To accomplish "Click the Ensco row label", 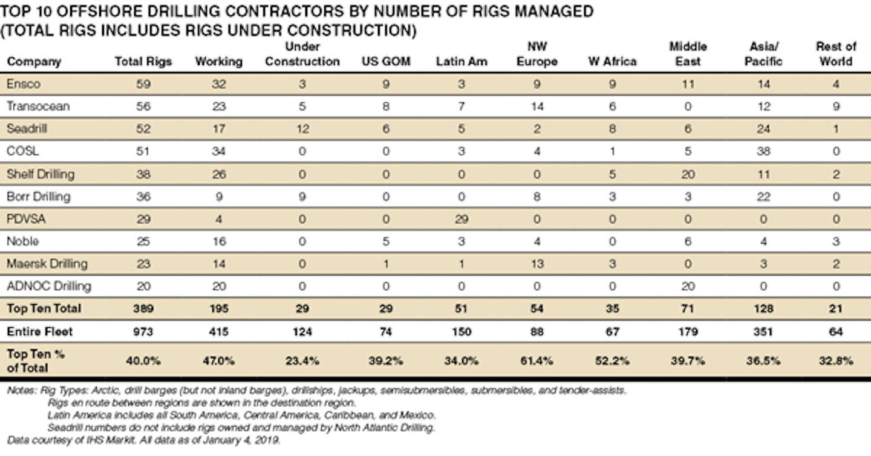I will pyautogui.click(x=24, y=84).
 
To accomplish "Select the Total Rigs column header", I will pyautogui.click(x=143, y=62).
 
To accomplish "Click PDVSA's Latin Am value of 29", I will pyautogui.click(x=461, y=219).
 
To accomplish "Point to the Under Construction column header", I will pyautogui.click(x=302, y=54).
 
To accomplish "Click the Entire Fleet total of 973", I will pyautogui.click(x=143, y=331).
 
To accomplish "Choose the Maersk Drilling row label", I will pyautogui.click(x=47, y=264).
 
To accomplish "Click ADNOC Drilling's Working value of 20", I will pyautogui.click(x=218, y=286).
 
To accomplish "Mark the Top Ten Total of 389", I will pyautogui.click(x=143, y=308).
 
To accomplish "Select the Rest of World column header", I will pyautogui.click(x=836, y=54).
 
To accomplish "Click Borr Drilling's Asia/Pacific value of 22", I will pyautogui.click(x=763, y=197).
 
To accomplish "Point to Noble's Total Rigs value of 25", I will pyautogui.click(x=143, y=241).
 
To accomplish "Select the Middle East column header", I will pyautogui.click(x=688, y=54).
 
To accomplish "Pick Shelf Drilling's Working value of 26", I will pyautogui.click(x=218, y=174).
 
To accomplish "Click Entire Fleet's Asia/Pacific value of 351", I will pyautogui.click(x=763, y=331).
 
